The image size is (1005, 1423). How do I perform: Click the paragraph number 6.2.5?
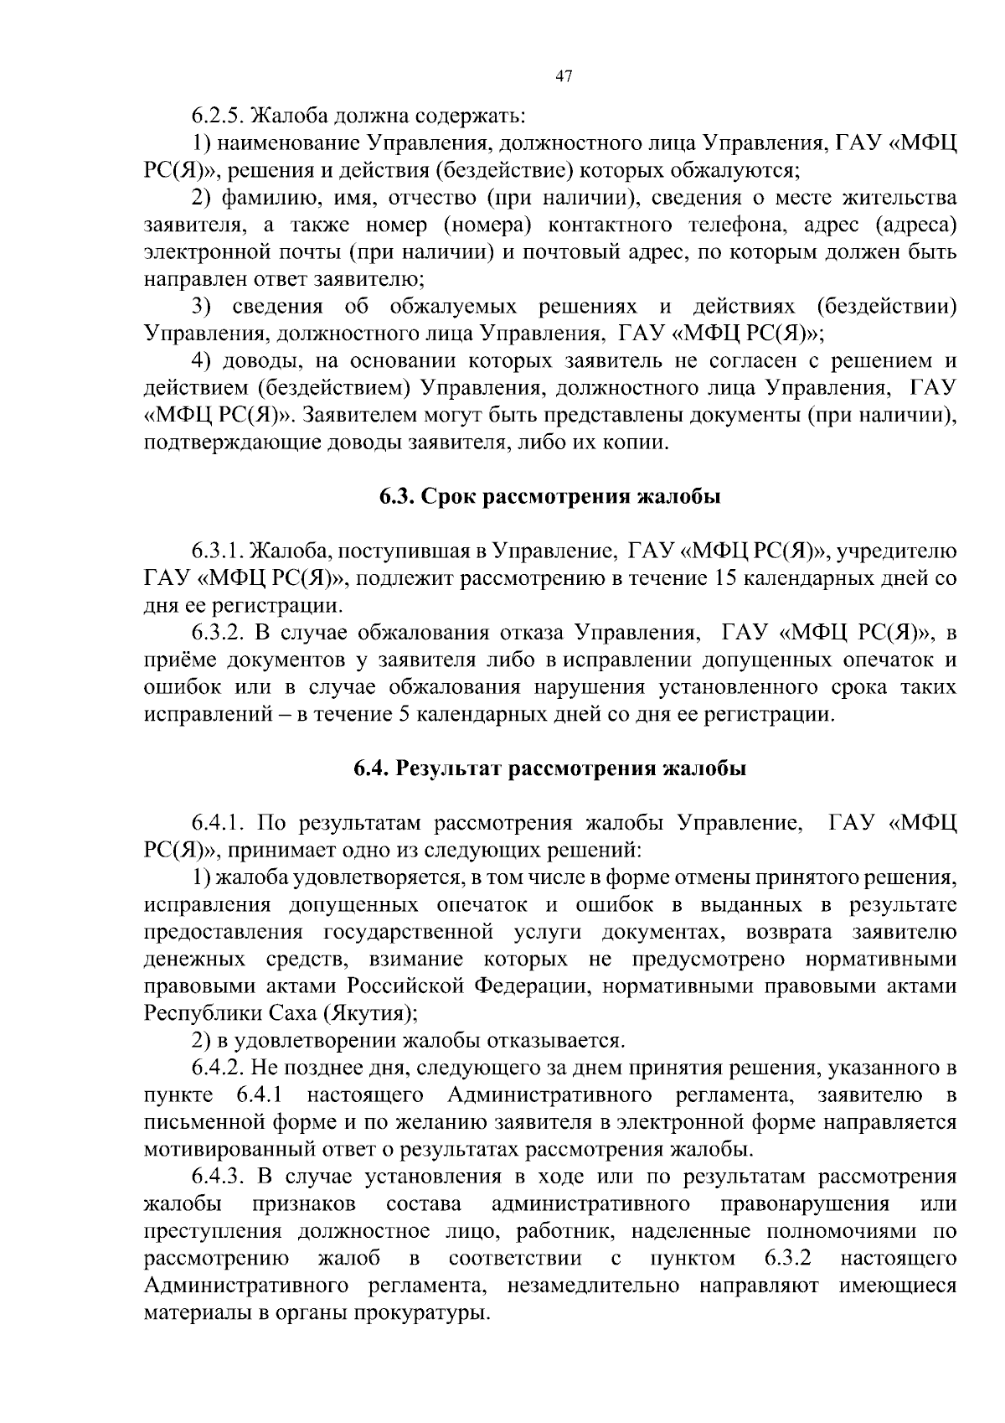coord(219,115)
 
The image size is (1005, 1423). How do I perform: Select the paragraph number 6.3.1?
coord(219,551)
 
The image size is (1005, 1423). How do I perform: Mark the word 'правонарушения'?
coord(803,1203)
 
